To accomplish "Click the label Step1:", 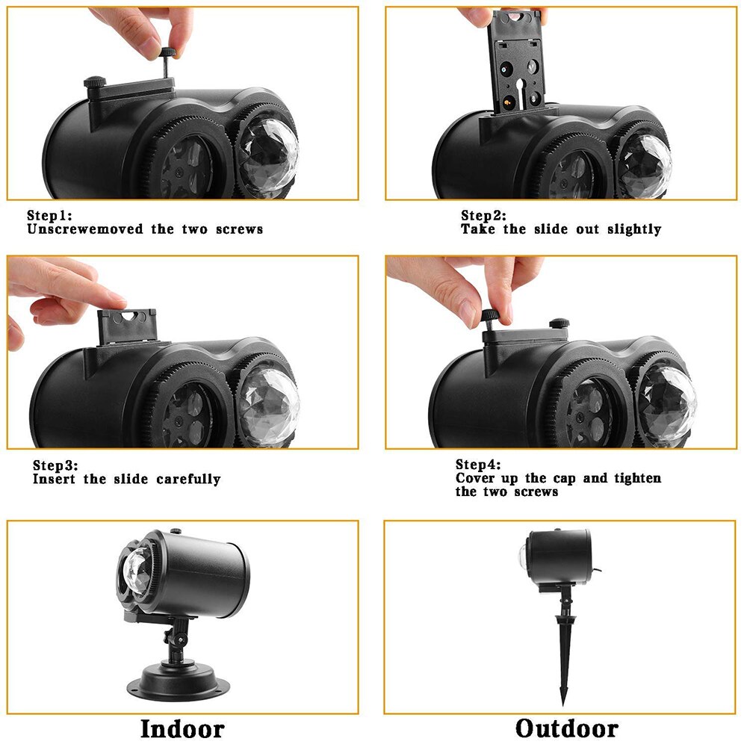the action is (x=49, y=215).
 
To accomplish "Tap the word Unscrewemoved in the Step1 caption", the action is (x=85, y=229).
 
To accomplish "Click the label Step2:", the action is (x=483, y=215).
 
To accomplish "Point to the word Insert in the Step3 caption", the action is (x=54, y=479).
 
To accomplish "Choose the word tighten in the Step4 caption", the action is (x=637, y=478).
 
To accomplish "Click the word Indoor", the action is (x=182, y=729).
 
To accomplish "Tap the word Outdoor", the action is (x=567, y=729).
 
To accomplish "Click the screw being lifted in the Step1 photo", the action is (x=167, y=62).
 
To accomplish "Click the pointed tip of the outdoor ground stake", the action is (x=564, y=704).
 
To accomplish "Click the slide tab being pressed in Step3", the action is (x=127, y=326).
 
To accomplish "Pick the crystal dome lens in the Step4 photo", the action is (x=666, y=405).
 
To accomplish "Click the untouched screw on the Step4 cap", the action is (x=560, y=323).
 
